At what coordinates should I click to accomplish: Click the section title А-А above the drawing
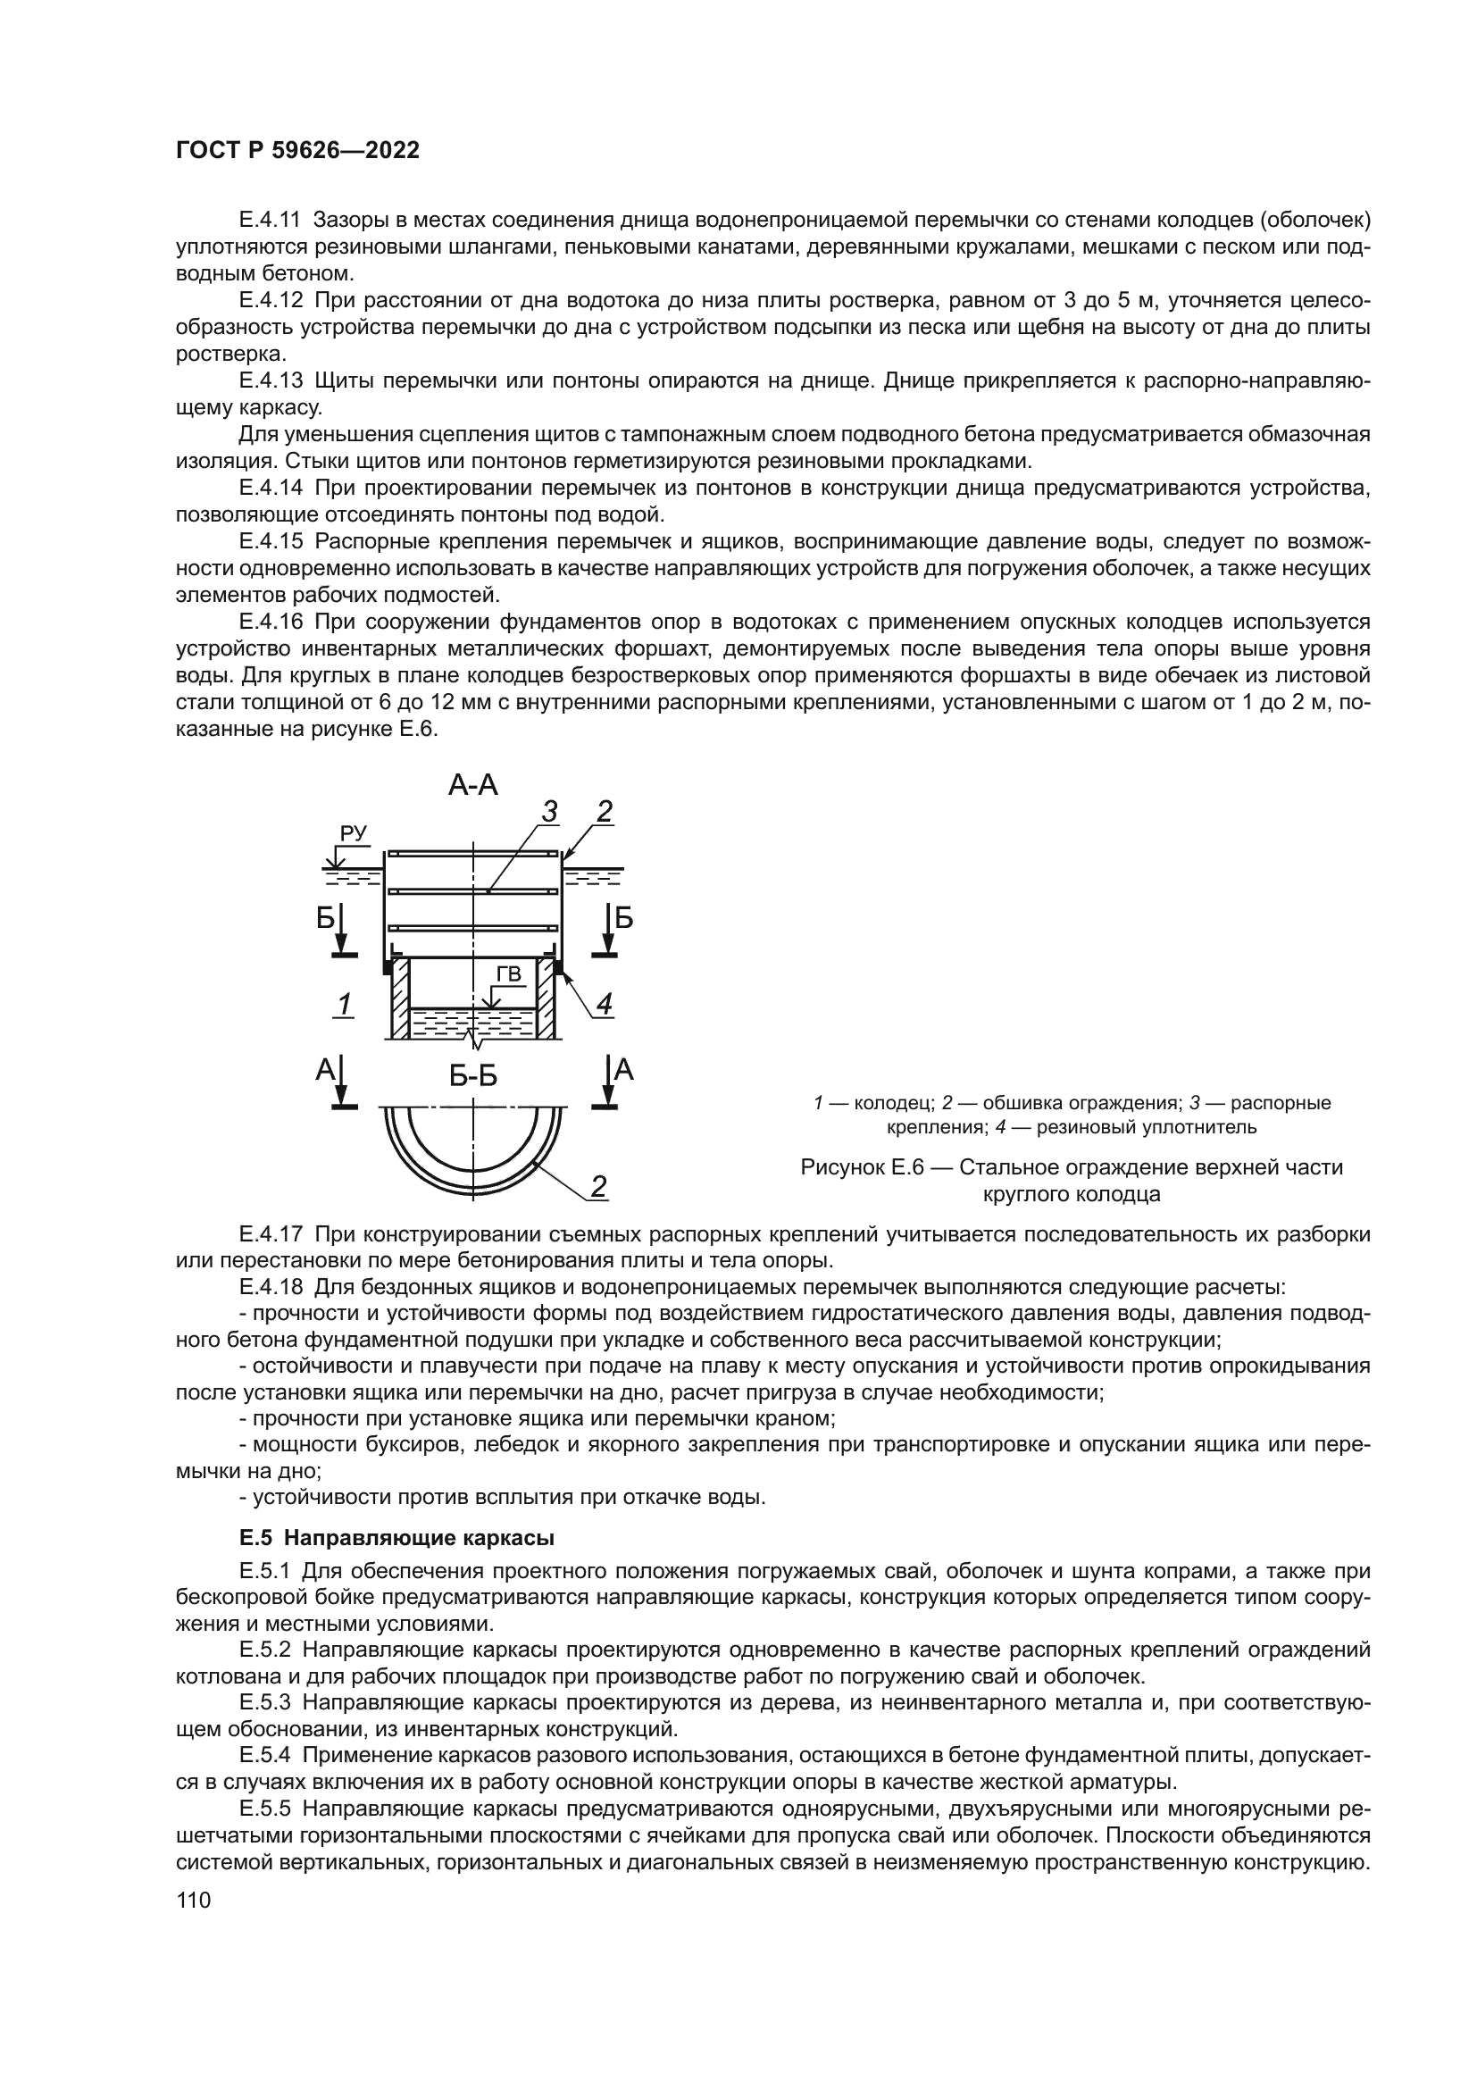tap(473, 784)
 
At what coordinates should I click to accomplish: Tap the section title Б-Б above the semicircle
tap(473, 1076)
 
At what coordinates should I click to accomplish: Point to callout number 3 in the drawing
tap(549, 811)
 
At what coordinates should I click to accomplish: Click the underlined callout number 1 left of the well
tap(345, 1005)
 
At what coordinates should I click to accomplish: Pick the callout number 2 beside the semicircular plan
tap(599, 1186)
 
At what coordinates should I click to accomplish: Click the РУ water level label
tap(353, 833)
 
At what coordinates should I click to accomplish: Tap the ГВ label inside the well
tap(508, 975)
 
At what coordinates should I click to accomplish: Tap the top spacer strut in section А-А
tap(473, 854)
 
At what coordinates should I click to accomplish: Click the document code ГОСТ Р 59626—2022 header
tap(297, 151)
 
